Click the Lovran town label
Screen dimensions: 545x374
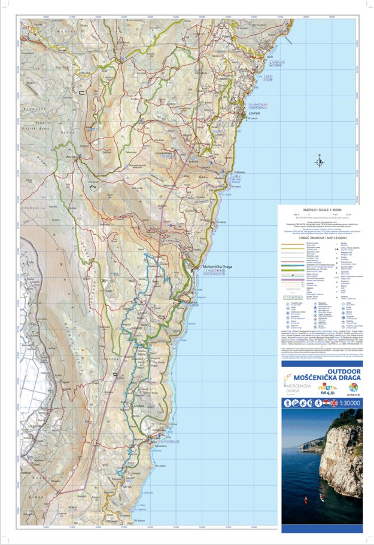click(x=250, y=114)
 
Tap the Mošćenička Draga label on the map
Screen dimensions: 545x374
click(x=218, y=266)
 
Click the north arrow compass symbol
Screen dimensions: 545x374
click(x=320, y=161)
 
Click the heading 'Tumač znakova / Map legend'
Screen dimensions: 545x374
click(x=322, y=237)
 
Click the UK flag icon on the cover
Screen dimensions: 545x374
click(x=333, y=403)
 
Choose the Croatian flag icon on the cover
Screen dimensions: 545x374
click(x=324, y=403)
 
